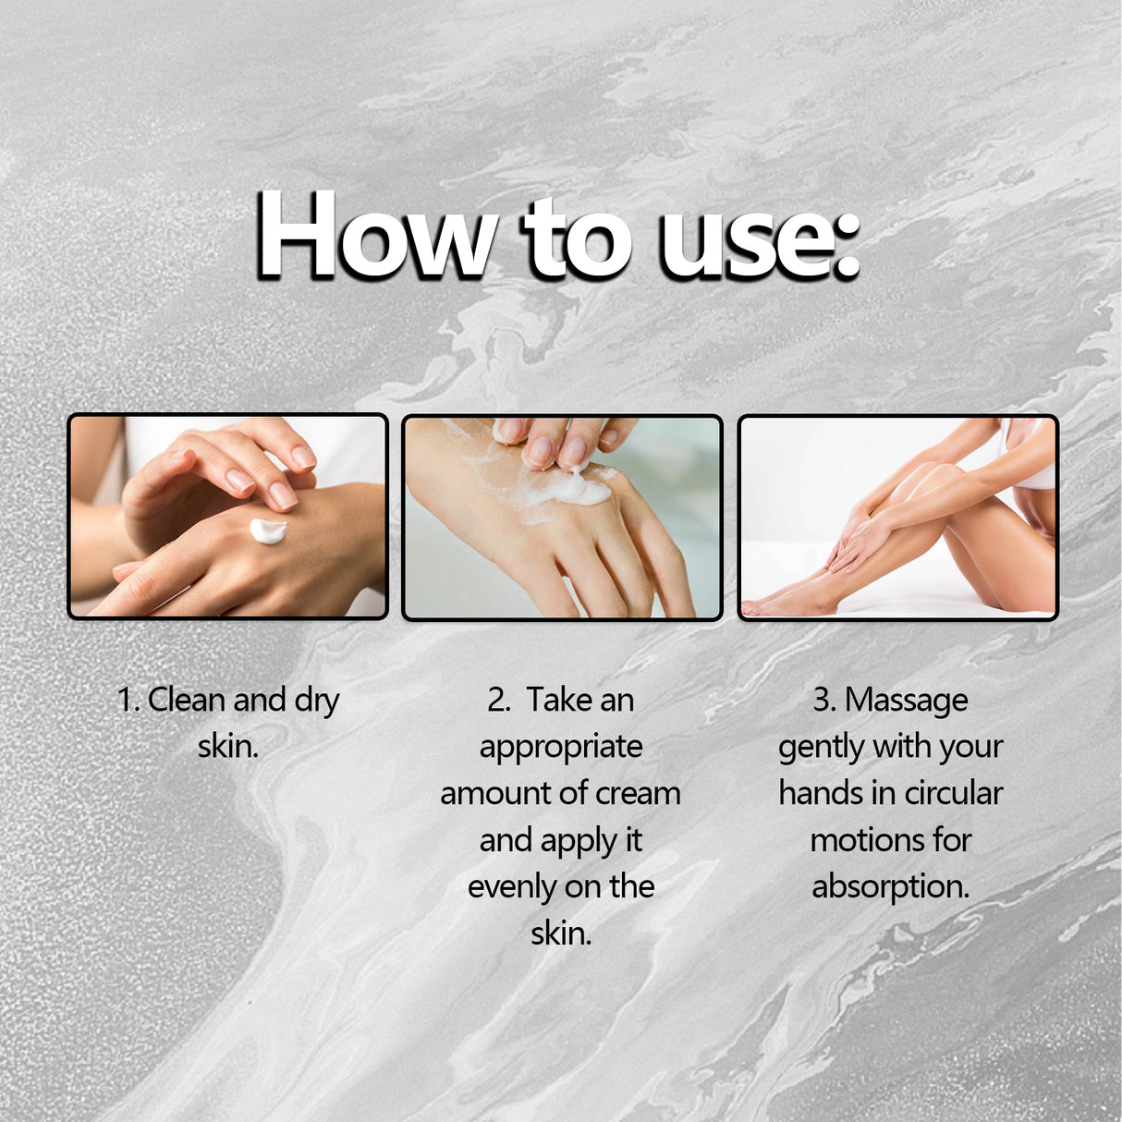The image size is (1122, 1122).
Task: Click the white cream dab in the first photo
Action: [x=268, y=531]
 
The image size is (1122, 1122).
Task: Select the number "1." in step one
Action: [x=128, y=700]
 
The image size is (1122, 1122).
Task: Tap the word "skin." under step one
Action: [x=227, y=746]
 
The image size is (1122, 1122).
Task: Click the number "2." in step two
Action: [x=499, y=700]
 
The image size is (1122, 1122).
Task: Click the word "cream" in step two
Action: [x=638, y=793]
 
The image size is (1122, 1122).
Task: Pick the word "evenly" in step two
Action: [x=511, y=887]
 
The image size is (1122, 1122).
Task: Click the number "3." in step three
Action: [x=824, y=700]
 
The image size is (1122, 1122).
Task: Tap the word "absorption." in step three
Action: [x=890, y=887]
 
